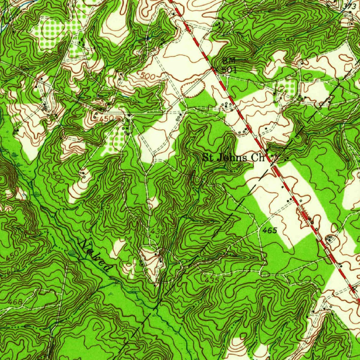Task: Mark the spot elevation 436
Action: click(x=158, y=231)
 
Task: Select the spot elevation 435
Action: click(x=212, y=280)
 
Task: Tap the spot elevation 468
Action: click(x=15, y=302)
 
